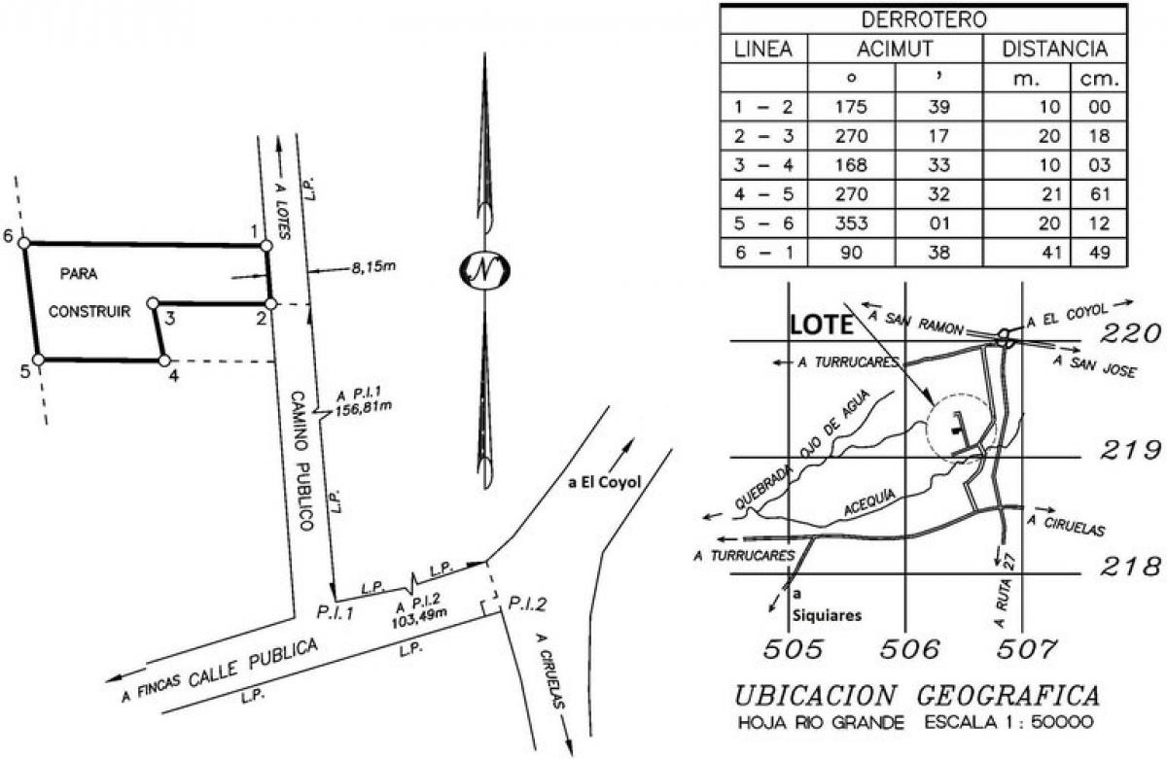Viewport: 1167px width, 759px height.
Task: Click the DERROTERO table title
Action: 923,18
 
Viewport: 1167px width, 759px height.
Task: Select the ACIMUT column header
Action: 895,49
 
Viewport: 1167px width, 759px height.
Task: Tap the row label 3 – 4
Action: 763,164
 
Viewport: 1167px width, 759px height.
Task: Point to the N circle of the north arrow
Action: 484,270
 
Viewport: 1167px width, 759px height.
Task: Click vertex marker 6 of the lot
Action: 24,243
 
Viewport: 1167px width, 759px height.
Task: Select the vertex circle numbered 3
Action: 153,304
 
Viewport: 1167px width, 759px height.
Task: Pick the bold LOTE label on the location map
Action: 820,326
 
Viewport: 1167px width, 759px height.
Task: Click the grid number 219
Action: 1129,451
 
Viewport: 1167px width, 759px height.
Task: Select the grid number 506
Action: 910,648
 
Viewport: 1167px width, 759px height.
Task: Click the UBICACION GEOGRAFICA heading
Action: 916,696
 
